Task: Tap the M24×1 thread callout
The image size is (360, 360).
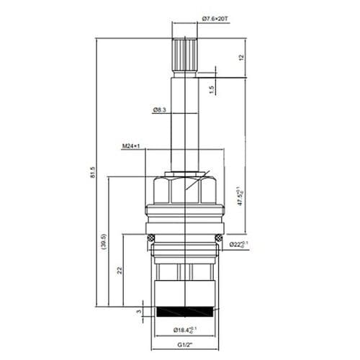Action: point(130,146)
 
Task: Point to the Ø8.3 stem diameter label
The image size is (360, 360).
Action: point(161,109)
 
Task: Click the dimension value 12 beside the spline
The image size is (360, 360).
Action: point(241,57)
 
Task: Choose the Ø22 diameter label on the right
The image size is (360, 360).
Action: point(240,245)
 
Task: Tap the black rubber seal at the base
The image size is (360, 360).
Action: point(186,311)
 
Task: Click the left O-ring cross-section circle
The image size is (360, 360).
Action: point(150,238)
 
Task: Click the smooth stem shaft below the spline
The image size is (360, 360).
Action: point(186,122)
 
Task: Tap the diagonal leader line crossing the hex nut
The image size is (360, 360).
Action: point(197,179)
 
